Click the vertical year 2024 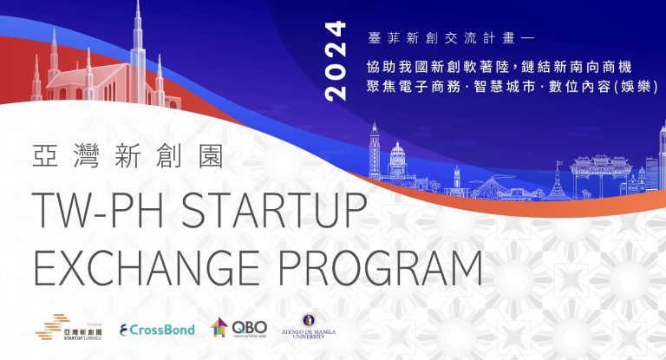335,61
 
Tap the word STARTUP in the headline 274,211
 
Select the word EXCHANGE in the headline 147,268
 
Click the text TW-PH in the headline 98,211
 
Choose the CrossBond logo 157,330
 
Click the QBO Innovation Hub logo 238,328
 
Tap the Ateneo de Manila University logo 309,326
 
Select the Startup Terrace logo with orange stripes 69,327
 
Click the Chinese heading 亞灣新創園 127,155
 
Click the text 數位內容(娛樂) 604,87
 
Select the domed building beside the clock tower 397,160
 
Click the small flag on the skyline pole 559,163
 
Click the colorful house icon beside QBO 219,327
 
